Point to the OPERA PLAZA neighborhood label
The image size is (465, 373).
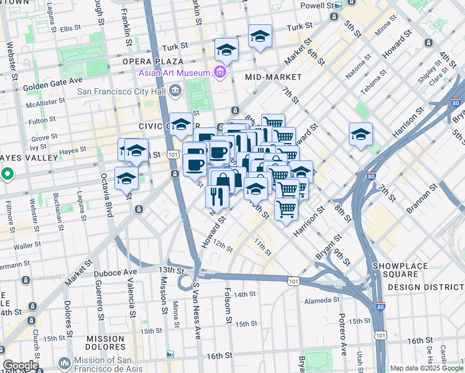pyautogui.click(x=153, y=62)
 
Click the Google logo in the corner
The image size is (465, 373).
pyautogui.click(x=21, y=366)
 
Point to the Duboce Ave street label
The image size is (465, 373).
pyautogui.click(x=115, y=272)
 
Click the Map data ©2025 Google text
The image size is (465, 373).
pyautogui.click(x=426, y=368)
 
